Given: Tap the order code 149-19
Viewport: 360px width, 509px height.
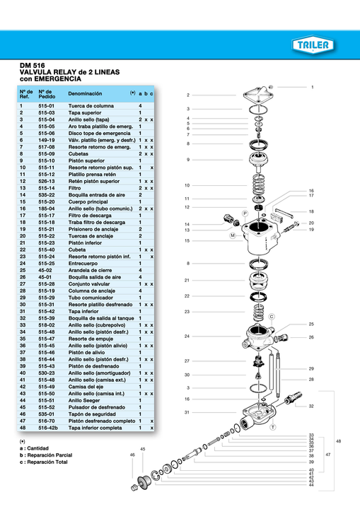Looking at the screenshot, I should pos(47,140).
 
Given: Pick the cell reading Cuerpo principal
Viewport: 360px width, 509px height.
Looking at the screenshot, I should pos(88,202).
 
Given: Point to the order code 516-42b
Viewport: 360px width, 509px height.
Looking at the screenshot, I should pos(49,428).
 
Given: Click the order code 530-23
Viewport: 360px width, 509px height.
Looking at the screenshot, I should pos(47,374).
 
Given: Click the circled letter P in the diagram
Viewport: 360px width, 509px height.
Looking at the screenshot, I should pos(245,213).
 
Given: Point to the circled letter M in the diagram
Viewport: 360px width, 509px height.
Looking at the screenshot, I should pos(232,235).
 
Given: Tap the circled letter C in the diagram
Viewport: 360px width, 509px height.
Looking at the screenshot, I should pos(272,317).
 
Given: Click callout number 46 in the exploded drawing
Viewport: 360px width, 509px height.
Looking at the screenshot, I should pos(132,455).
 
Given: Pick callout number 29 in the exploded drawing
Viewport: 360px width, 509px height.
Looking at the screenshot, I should pos(311,369).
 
